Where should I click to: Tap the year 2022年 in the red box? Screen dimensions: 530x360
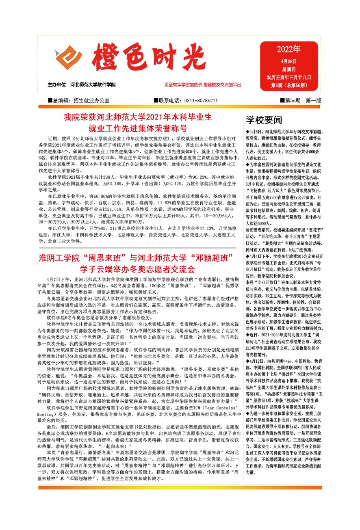[x=288, y=50]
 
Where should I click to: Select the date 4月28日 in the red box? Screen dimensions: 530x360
[x=288, y=61]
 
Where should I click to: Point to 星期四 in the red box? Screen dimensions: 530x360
[x=288, y=69]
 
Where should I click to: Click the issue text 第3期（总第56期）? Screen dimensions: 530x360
[x=288, y=85]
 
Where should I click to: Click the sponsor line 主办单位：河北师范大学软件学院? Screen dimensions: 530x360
[x=82, y=85]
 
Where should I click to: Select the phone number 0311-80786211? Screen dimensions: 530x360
[x=201, y=100]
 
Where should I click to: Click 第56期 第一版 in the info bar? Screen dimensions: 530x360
[x=300, y=100]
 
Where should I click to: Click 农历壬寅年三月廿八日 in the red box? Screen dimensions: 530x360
[x=288, y=77]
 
